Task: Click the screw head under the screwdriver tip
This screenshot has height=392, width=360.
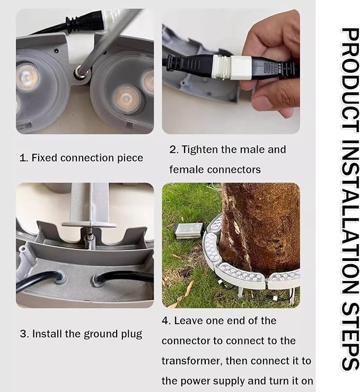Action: tap(81, 72)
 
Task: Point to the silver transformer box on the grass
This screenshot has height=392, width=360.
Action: tap(189, 230)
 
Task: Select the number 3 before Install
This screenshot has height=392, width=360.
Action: tap(23, 334)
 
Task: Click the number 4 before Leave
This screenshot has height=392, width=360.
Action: tap(165, 321)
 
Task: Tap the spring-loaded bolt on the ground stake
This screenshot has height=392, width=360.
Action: tap(90, 236)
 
